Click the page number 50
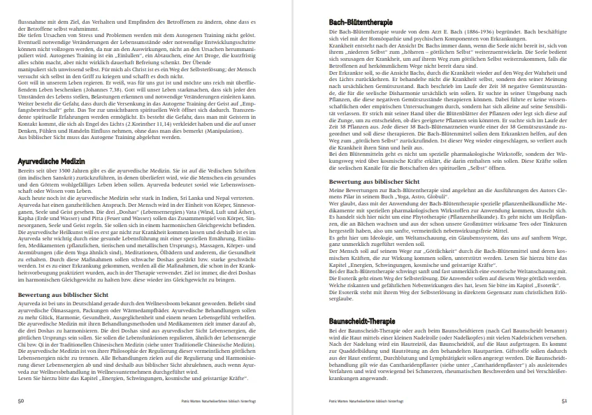click(22, 401)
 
